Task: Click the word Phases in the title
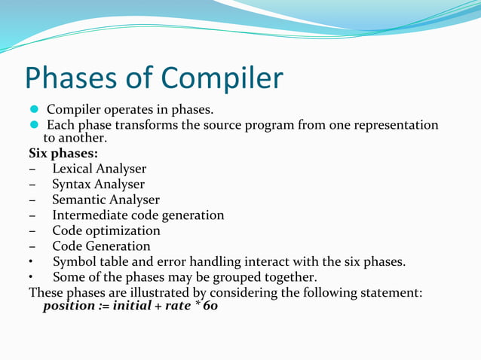tap(69, 79)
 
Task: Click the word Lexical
tap(74, 169)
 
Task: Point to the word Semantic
tap(78, 200)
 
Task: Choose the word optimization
tap(121, 230)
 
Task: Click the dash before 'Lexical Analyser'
tap(33, 169)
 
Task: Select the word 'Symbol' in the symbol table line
tap(74, 262)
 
